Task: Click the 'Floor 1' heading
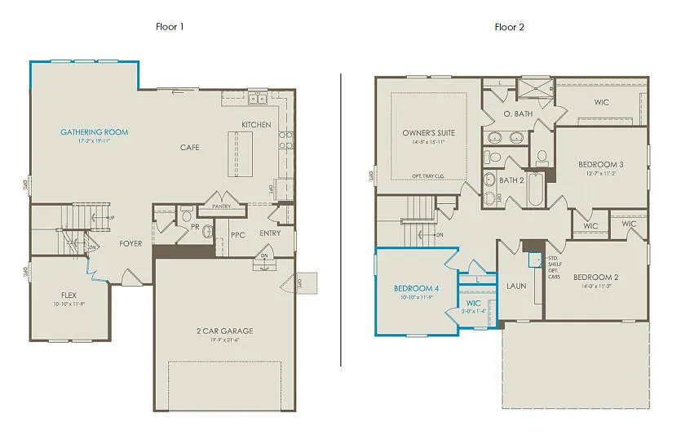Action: tap(170, 26)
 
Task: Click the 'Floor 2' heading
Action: tap(509, 26)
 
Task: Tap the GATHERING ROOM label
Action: tap(94, 131)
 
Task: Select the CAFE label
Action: tap(190, 148)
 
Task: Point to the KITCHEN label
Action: tap(256, 125)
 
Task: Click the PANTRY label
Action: tap(220, 207)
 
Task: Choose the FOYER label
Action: tap(130, 243)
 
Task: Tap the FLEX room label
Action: tap(69, 295)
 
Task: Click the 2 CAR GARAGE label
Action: tap(225, 331)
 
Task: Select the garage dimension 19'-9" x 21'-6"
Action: tap(225, 340)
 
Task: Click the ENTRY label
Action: tap(270, 233)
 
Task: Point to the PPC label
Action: tap(237, 234)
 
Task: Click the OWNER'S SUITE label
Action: tap(428, 133)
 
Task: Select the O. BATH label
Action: tap(518, 113)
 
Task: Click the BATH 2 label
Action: tap(511, 180)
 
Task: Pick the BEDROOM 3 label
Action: tap(601, 164)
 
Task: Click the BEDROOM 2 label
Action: tap(595, 277)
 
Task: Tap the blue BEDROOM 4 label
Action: tap(416, 288)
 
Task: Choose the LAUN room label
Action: tap(515, 286)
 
